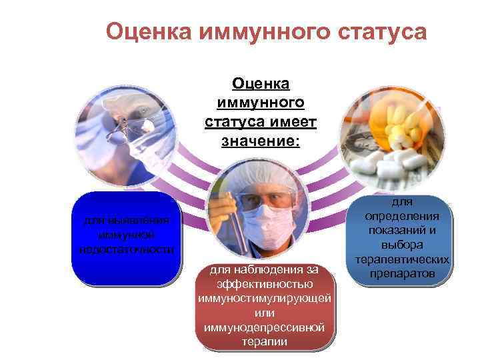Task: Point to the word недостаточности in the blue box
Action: (126, 249)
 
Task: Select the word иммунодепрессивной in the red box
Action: (265, 327)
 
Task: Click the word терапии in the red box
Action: (265, 342)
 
